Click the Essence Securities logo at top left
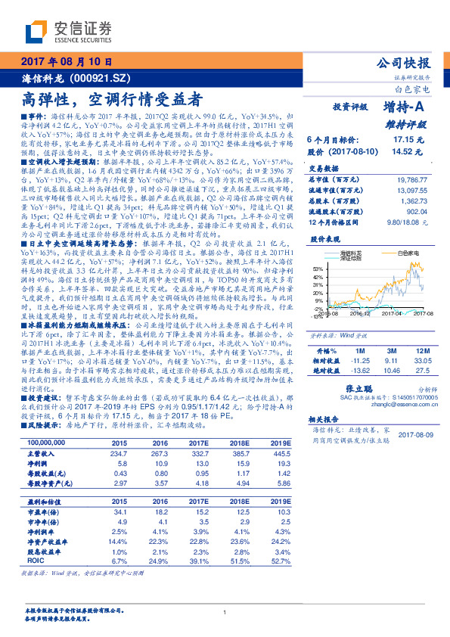coord(69,33)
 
